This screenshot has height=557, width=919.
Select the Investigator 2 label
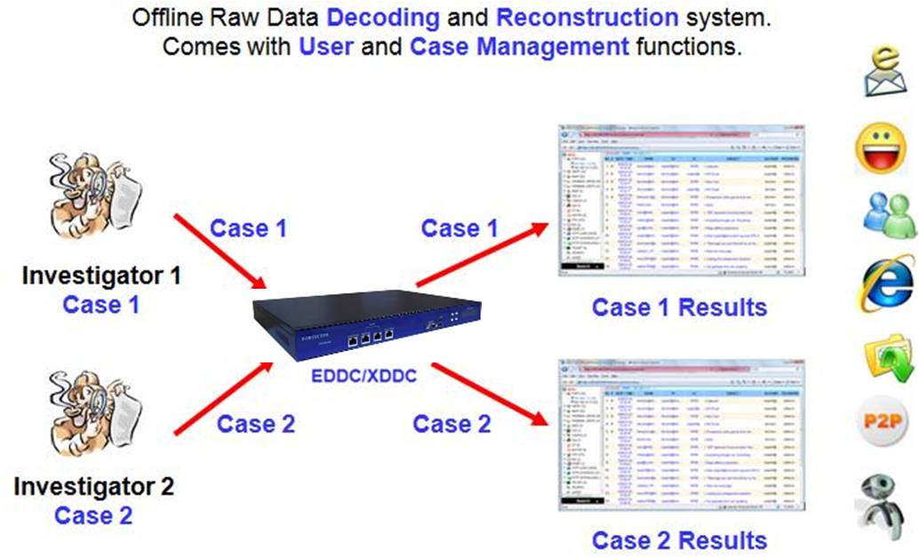click(93, 487)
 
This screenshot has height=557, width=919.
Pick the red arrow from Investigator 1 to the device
click(220, 251)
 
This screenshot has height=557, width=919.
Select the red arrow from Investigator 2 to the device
click(222, 397)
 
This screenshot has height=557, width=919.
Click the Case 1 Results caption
click(679, 307)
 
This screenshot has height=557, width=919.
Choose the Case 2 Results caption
click(679, 540)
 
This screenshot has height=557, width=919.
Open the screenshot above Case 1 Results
click(680, 200)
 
